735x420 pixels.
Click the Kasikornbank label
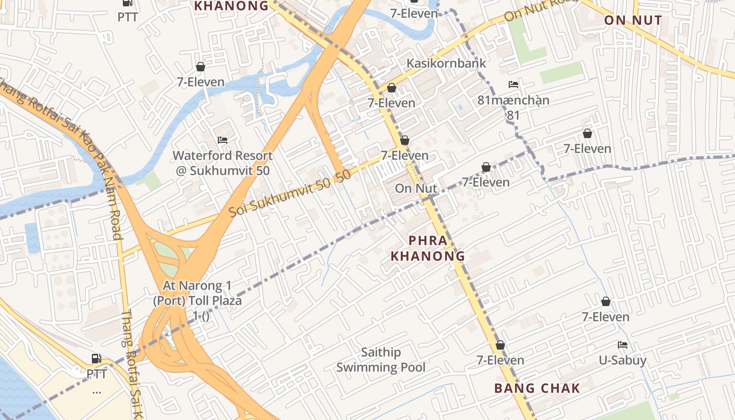tap(446, 63)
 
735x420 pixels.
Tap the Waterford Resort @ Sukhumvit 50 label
tap(223, 163)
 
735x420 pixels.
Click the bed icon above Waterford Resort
tap(223, 140)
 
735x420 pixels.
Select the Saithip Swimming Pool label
tap(381, 360)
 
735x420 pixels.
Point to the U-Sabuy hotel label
tap(623, 361)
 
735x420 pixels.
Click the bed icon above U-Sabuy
tap(623, 345)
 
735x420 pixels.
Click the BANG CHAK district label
tap(537, 388)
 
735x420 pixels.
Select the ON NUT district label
tap(633, 20)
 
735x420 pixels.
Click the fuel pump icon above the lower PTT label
tap(97, 359)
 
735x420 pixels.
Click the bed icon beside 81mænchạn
tap(513, 85)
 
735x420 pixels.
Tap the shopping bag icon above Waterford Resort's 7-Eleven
tap(200, 67)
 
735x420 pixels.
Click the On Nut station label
tap(416, 188)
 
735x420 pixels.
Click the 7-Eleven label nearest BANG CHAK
tap(500, 360)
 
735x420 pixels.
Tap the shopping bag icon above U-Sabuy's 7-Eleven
tap(605, 301)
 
